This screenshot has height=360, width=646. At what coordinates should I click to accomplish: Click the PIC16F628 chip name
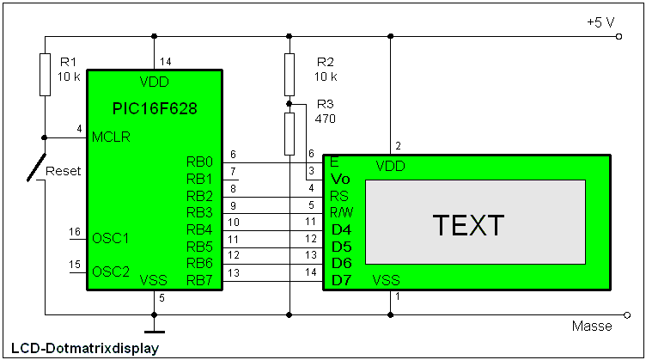click(155, 109)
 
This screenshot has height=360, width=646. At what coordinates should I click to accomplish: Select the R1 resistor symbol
click(45, 74)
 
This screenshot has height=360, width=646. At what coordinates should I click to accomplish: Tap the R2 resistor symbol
click(289, 74)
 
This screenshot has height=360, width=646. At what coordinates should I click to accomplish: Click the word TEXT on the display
click(468, 225)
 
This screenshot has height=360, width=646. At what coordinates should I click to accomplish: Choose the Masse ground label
click(592, 326)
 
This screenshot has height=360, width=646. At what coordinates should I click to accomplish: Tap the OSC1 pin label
click(109, 238)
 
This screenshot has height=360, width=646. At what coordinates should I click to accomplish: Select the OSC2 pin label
click(109, 272)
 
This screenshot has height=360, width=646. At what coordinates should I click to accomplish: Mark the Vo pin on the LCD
click(340, 179)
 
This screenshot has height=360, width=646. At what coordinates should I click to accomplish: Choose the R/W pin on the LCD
click(342, 212)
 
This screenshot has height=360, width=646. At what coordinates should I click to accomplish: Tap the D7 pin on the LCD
click(341, 280)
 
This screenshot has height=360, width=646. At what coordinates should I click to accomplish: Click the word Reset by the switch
click(63, 171)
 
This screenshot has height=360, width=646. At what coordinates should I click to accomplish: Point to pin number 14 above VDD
click(165, 62)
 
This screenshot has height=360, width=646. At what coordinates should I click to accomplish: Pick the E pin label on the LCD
click(334, 162)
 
